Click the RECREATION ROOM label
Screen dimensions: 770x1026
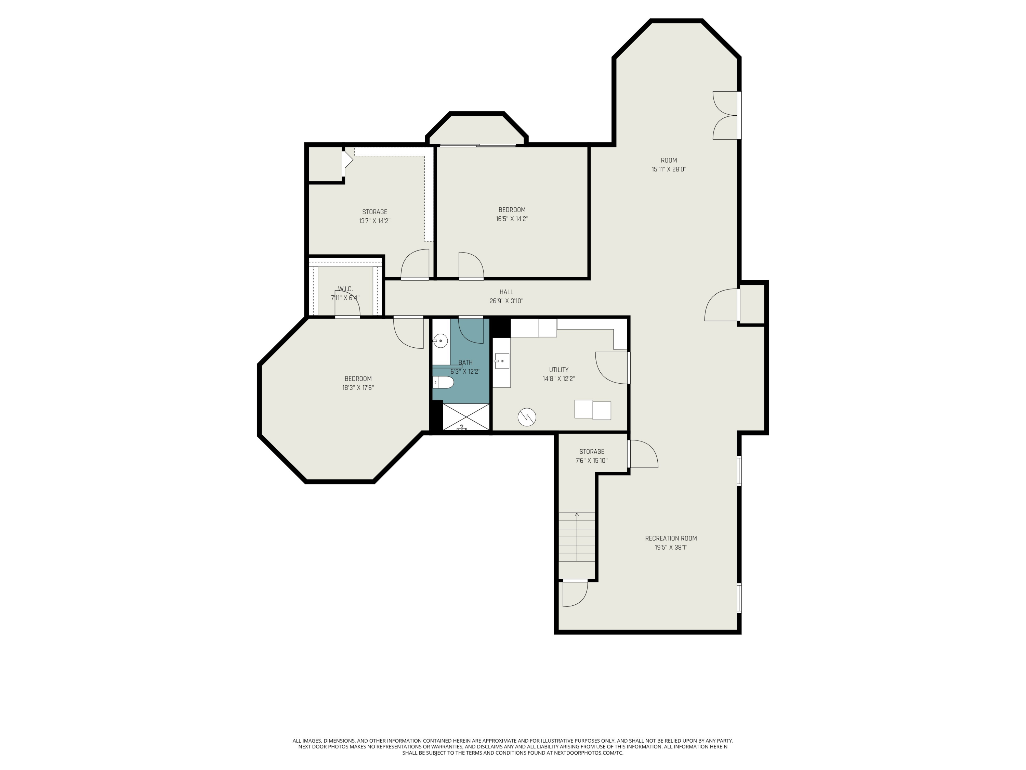671,538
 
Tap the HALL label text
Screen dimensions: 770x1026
506,292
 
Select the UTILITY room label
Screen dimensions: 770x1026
558,370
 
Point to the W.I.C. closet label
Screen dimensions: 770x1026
345,289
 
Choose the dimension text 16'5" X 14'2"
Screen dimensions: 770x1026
512,219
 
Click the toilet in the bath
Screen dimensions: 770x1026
444,383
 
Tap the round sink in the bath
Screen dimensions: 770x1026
440,341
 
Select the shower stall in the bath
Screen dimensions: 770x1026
466,417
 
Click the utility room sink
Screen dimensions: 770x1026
502,361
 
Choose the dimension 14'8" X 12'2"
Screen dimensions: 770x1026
558,379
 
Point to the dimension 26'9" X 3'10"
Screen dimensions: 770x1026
506,301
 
